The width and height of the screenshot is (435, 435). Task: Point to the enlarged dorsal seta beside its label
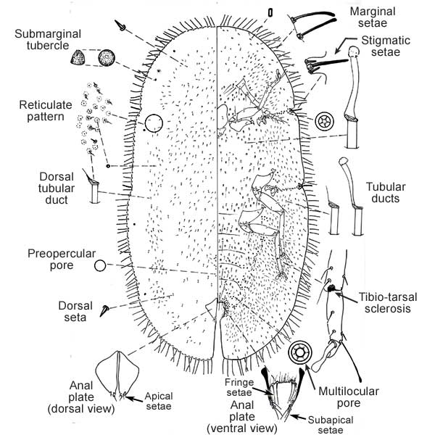tap(106, 310)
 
